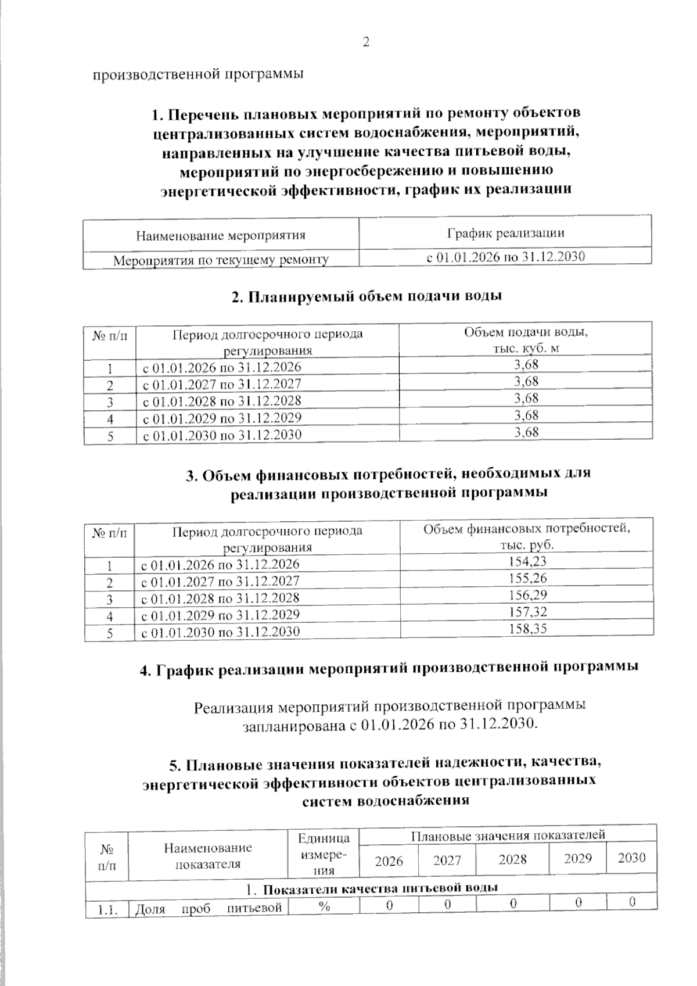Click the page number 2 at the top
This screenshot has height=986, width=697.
coord(366,42)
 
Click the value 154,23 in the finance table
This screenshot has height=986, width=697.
coord(527,561)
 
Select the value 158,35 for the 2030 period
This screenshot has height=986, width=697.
coord(527,629)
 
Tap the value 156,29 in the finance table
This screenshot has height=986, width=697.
coord(527,595)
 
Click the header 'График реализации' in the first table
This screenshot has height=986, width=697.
coord(505,234)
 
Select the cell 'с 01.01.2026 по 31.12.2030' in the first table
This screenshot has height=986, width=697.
coord(505,257)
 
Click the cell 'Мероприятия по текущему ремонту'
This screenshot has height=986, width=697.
coord(221,260)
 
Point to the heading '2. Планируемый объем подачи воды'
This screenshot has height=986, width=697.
coord(366,296)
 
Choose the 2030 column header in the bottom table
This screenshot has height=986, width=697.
coord(631,858)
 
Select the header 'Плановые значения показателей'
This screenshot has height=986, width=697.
coord(508,835)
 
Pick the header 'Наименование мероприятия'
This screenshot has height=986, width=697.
coord(221,236)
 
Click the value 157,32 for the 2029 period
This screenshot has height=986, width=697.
coord(527,612)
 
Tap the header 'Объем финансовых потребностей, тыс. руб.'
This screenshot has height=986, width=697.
coord(526,537)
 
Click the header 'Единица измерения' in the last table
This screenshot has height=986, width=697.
coord(324,854)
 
